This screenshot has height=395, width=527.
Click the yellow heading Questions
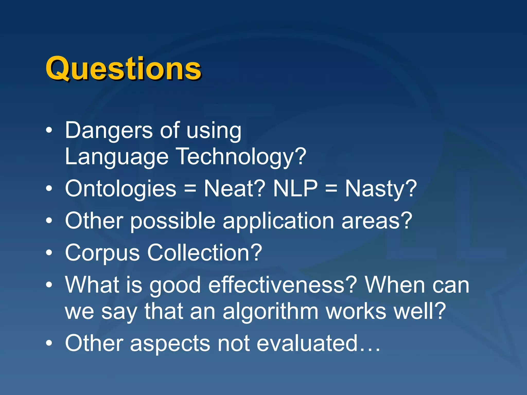(123, 68)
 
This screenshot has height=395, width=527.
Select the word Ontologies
(121, 189)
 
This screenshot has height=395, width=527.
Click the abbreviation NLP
(295, 189)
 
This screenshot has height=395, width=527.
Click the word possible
(173, 221)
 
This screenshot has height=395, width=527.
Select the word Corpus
(102, 253)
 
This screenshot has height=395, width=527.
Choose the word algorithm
(270, 311)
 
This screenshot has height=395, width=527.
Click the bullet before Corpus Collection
(49, 253)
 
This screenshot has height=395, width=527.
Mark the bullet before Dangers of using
(49, 131)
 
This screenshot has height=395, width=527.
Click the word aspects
(170, 343)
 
